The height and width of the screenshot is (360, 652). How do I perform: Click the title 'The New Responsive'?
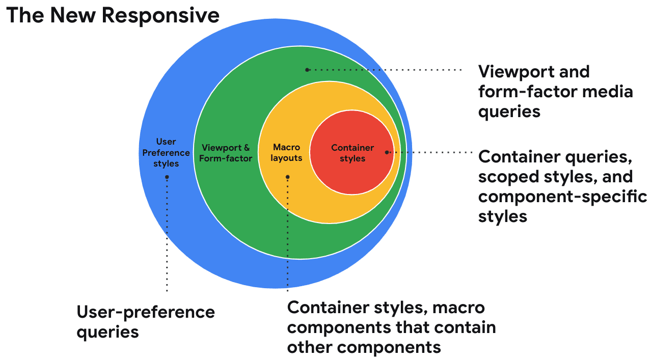click(x=113, y=15)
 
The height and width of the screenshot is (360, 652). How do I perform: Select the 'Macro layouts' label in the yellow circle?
click(x=286, y=153)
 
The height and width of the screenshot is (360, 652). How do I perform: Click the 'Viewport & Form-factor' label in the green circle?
click(x=226, y=153)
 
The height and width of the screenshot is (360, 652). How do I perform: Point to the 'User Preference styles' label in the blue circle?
click(x=166, y=153)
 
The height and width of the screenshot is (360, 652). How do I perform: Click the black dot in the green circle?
click(x=307, y=70)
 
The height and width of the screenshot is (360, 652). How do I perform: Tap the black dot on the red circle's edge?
click(x=387, y=152)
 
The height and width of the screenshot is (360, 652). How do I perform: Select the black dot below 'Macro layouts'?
click(x=288, y=177)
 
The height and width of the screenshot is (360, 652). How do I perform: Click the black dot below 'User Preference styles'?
click(x=167, y=177)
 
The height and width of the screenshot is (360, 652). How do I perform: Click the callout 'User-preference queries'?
click(x=146, y=322)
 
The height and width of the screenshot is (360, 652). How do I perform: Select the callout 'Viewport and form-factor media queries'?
click(x=555, y=92)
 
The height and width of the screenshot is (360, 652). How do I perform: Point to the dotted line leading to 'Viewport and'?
click(x=387, y=70)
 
